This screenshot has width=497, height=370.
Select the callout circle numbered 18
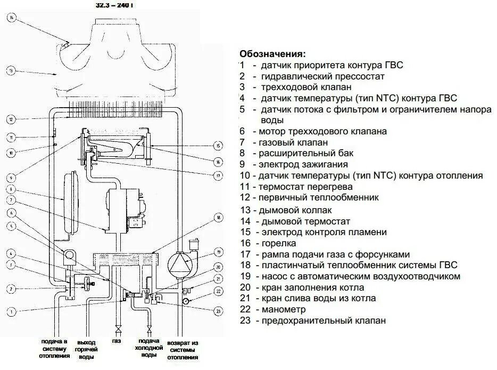click(218, 218)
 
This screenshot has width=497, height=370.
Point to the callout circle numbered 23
click(218, 310)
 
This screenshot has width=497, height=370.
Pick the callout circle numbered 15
click(218, 145)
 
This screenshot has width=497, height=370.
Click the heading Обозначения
click(272, 54)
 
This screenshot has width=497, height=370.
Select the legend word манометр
click(283, 309)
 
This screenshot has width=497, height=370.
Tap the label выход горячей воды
click(86, 349)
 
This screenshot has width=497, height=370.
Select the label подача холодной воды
click(149, 348)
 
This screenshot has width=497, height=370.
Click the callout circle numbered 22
click(218, 291)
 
